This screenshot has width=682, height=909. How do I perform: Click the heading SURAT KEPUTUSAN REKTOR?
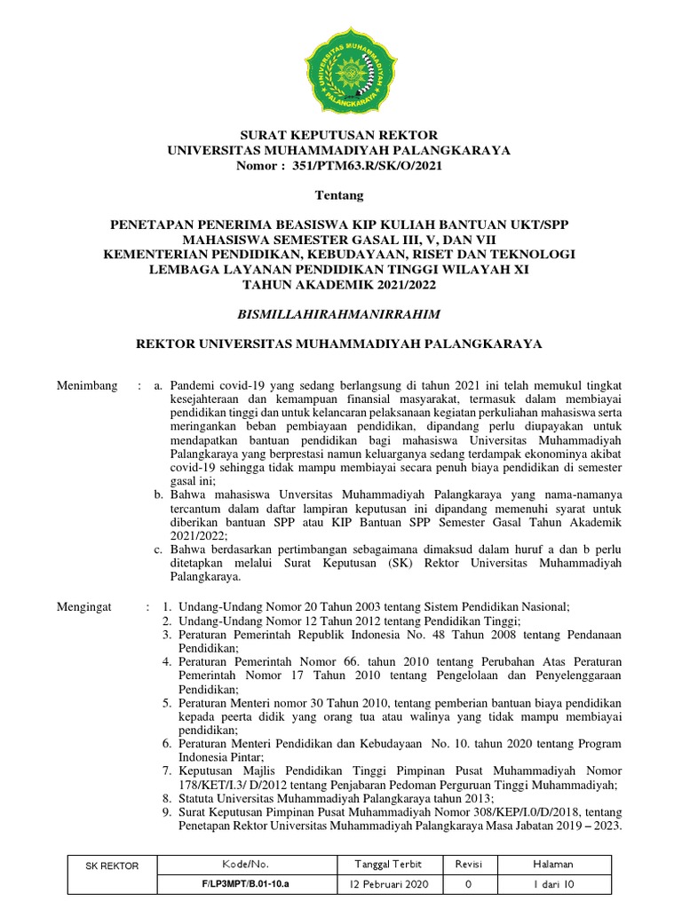[340, 135]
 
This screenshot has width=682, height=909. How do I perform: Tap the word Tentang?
[340, 194]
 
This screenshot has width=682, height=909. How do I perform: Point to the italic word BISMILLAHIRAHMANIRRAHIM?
[340, 313]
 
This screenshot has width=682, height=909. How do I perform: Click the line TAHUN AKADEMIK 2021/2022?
[340, 284]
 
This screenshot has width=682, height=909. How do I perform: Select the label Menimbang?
[87, 387]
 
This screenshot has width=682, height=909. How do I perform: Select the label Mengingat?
[85, 606]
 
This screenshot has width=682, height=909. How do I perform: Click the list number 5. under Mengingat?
[167, 702]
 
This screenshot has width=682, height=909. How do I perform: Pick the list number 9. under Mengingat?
[167, 811]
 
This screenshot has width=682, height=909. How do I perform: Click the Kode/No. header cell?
[248, 864]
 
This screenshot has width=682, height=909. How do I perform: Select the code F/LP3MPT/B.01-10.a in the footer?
[248, 885]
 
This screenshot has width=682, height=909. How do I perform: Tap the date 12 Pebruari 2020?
[389, 885]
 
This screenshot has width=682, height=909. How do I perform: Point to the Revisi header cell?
[468, 864]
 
